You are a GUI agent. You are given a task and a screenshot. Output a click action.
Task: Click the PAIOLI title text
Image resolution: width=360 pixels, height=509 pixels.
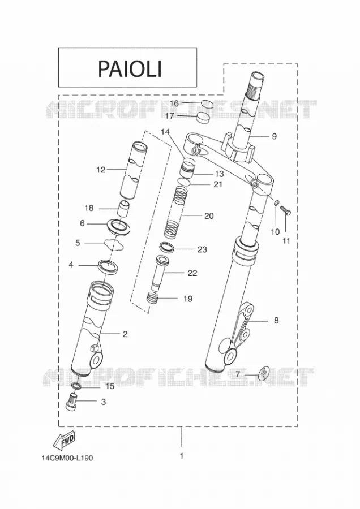tap(130, 68)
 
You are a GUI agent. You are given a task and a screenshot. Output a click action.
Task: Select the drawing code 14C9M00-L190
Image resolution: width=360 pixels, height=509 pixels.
tap(67, 458)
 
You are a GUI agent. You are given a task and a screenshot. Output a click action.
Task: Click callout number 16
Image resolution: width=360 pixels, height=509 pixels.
tap(174, 103)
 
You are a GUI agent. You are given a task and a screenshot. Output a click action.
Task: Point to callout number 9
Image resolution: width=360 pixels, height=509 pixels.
tap(274, 136)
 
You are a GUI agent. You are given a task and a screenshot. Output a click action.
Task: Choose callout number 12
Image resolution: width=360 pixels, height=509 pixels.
tap(101, 170)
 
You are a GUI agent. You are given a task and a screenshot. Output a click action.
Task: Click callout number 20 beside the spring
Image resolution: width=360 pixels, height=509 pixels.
tap(209, 215)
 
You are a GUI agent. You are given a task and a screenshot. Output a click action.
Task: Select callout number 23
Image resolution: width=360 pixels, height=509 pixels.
tap(202, 249)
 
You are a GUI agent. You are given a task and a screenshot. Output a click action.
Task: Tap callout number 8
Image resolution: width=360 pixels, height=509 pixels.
tap(276, 321)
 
